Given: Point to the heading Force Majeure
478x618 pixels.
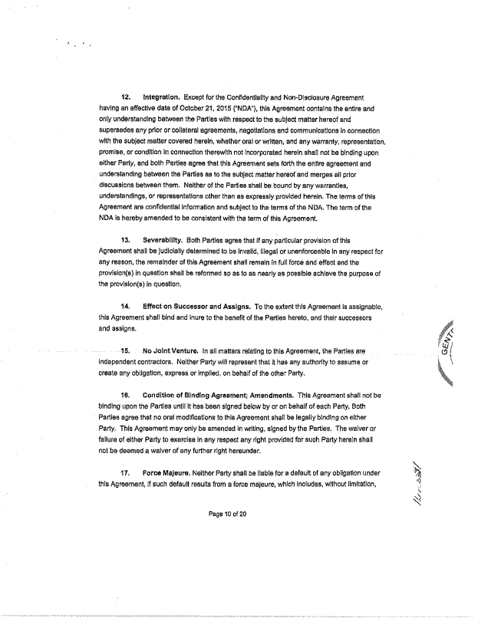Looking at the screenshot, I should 169,473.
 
